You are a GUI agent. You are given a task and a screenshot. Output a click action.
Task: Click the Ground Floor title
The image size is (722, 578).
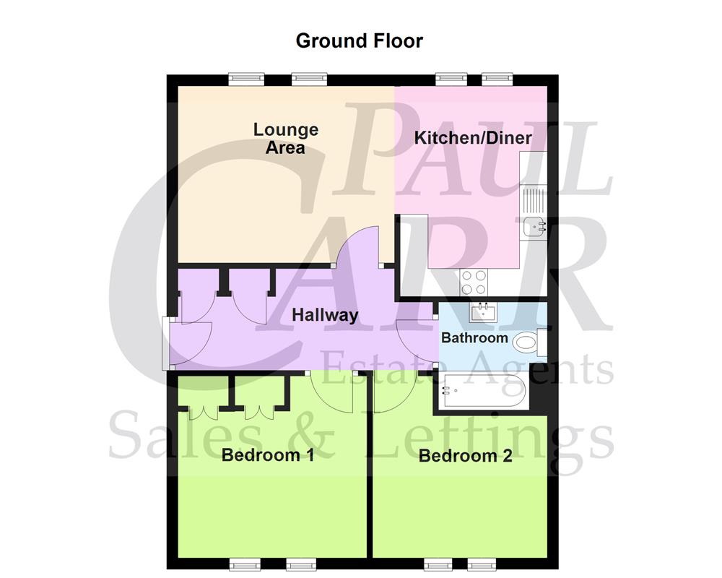[359, 40]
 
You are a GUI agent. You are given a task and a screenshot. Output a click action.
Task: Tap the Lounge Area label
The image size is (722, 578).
[286, 139]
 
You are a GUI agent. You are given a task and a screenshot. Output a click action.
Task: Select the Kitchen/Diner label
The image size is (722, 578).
[473, 138]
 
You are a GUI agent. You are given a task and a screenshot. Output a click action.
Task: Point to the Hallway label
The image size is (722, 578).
[325, 315]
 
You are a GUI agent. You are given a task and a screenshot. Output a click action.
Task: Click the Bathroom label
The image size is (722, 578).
[474, 337]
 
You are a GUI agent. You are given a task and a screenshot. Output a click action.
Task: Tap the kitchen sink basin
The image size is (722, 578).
[536, 226]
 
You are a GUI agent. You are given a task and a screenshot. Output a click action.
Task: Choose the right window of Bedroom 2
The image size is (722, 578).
[479, 564]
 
